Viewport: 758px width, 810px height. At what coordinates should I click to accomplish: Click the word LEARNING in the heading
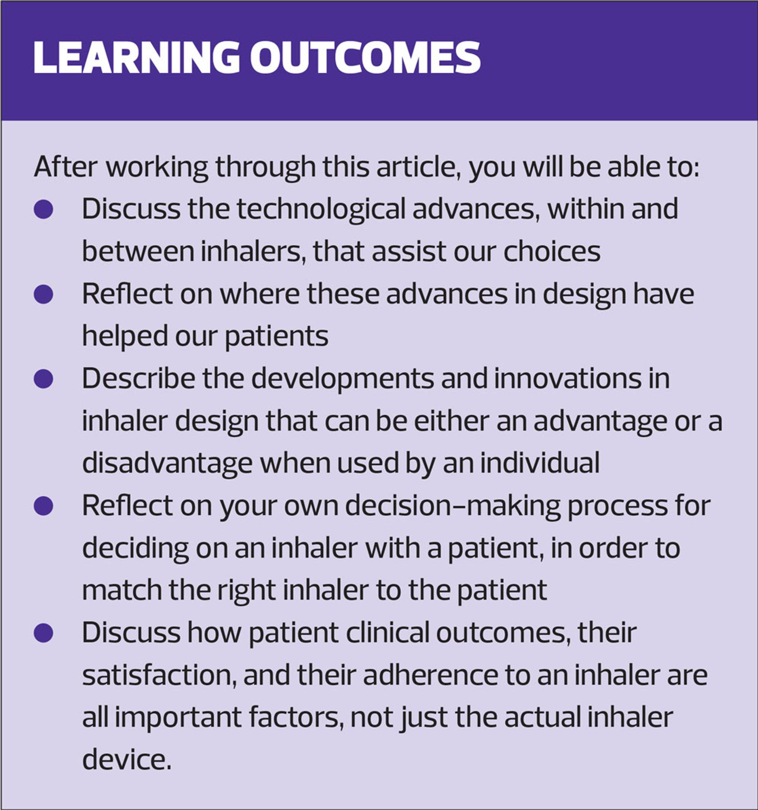(x=136, y=57)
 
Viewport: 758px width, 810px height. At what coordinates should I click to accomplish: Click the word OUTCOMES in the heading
(x=365, y=57)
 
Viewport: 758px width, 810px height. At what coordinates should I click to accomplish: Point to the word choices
(x=552, y=251)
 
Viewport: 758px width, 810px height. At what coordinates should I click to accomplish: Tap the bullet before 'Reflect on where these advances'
(x=43, y=294)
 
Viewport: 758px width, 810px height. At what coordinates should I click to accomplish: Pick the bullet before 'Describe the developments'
(x=43, y=378)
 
